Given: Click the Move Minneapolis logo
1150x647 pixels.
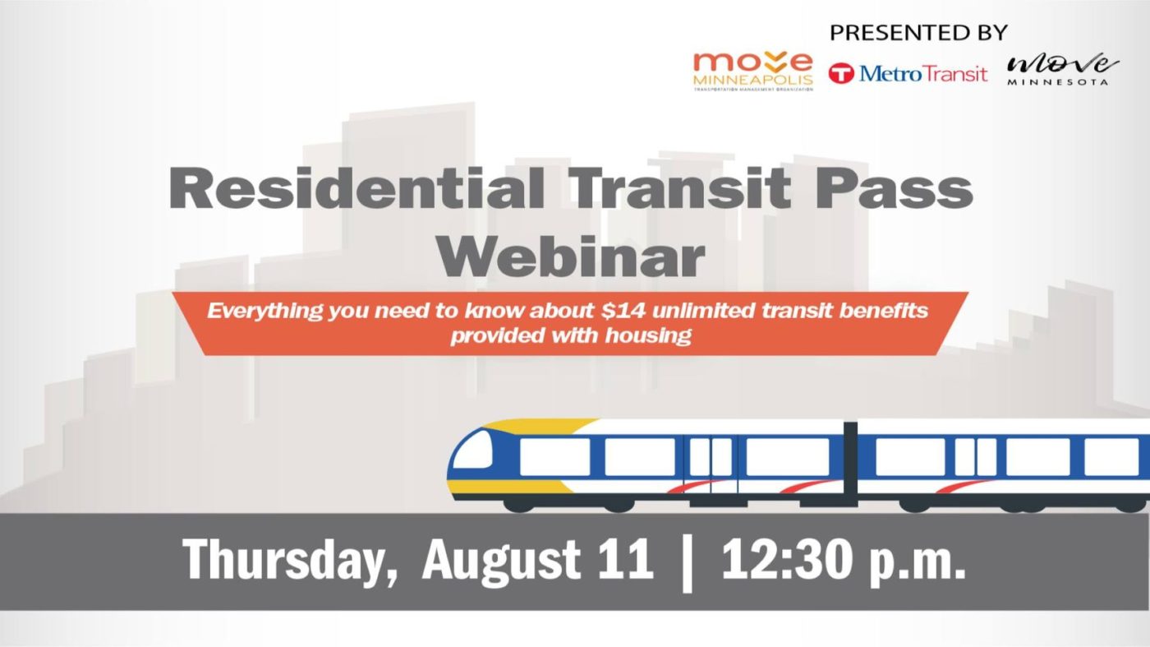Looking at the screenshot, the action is click(x=752, y=72).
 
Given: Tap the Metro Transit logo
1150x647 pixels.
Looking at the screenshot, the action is click(x=908, y=73).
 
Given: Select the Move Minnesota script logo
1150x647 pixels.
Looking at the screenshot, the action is click(x=1061, y=68).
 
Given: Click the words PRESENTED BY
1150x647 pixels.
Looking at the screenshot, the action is click(x=918, y=32).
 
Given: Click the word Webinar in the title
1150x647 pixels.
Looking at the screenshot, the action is click(x=571, y=256).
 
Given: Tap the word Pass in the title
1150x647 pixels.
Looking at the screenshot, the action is click(x=894, y=188).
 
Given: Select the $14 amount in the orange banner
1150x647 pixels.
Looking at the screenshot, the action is click(x=620, y=311).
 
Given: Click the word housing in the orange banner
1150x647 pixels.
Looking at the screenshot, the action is click(x=648, y=335).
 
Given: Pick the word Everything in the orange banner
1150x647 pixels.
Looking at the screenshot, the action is click(x=264, y=312).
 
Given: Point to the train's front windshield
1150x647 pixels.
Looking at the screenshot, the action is click(x=472, y=450).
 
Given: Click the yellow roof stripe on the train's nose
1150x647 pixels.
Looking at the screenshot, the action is click(x=539, y=427).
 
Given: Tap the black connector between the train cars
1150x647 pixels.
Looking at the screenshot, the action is click(x=850, y=464).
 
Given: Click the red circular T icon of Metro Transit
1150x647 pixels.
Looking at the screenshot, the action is click(x=841, y=73).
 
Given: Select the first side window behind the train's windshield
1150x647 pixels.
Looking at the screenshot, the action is click(x=555, y=457).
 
